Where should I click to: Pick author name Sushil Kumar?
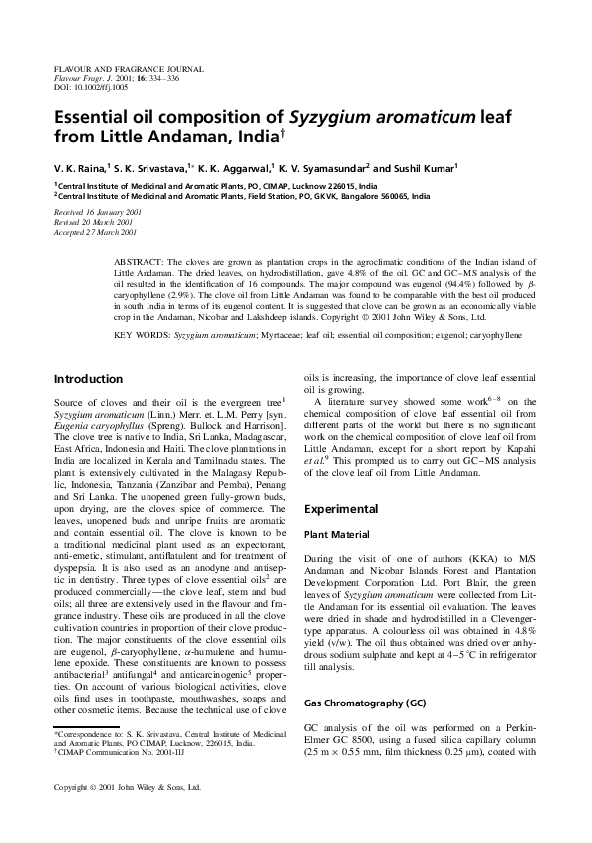coord(416,169)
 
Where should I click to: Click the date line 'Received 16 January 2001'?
coord(97,213)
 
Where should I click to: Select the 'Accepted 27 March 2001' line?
coord(96,231)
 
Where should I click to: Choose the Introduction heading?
coord(88,379)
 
